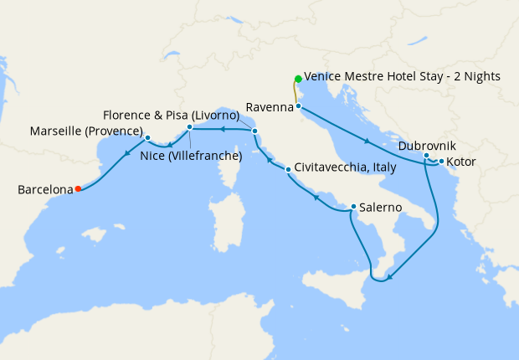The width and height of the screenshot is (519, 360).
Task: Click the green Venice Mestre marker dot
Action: click(x=297, y=80)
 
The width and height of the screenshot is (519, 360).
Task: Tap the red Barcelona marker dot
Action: click(x=78, y=189)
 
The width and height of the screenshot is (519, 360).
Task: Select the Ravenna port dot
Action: click(x=298, y=106)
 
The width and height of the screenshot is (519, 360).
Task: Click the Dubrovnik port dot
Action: click(x=426, y=156)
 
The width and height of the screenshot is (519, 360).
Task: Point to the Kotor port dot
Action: click(x=441, y=161)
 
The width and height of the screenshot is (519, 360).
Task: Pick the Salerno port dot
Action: click(x=353, y=207)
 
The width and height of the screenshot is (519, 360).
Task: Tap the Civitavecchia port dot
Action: click(x=288, y=170)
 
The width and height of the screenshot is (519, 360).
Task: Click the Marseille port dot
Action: click(x=147, y=138)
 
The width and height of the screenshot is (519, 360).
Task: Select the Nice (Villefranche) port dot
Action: click(x=190, y=127)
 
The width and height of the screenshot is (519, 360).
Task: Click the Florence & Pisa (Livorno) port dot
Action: click(x=254, y=131)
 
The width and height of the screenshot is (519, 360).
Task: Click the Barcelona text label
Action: click(x=44, y=190)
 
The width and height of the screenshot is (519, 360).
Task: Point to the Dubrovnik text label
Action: click(x=427, y=146)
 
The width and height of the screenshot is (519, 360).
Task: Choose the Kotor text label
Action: click(x=461, y=162)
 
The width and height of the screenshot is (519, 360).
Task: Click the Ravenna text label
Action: click(x=269, y=106)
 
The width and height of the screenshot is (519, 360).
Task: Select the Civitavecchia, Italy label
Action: click(x=345, y=168)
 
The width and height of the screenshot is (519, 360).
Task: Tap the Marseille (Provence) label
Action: click(x=85, y=131)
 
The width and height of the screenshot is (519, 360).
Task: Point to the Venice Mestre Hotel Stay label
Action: click(x=402, y=76)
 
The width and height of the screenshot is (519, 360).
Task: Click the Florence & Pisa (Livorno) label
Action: click(x=172, y=114)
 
